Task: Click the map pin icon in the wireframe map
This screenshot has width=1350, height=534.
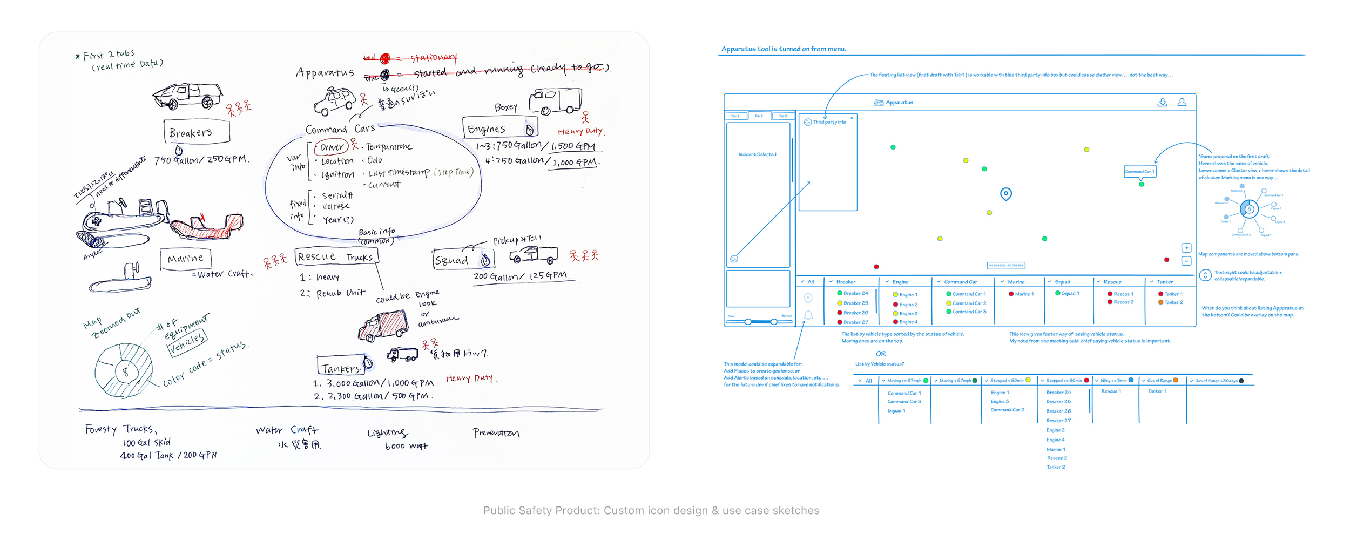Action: (x=1005, y=194)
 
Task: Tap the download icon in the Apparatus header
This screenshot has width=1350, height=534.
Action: (x=1162, y=102)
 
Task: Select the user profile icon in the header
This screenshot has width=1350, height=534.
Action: (x=1182, y=102)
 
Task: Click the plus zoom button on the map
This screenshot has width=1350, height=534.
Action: (x=1186, y=248)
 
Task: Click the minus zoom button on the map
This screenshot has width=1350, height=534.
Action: (x=1186, y=261)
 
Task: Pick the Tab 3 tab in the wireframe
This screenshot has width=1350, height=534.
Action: (x=783, y=116)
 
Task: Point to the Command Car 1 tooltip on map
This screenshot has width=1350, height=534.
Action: (x=1139, y=172)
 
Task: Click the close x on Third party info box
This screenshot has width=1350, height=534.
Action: (x=852, y=118)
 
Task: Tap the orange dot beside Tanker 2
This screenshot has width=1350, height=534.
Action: (x=1160, y=302)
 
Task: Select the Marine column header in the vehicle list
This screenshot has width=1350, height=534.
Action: (x=1016, y=282)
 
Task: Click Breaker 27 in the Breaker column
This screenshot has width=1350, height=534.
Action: (x=856, y=322)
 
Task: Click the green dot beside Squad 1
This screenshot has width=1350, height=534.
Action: (x=1057, y=293)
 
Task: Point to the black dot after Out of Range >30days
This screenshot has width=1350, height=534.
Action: (x=1241, y=381)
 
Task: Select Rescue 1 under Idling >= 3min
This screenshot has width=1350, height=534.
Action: (x=1111, y=391)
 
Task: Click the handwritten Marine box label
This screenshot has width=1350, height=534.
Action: (x=185, y=259)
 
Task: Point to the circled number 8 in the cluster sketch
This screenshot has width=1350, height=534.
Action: (x=125, y=371)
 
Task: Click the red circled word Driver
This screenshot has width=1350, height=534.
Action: (x=332, y=147)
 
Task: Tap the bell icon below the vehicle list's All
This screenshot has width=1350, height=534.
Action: (x=808, y=315)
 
